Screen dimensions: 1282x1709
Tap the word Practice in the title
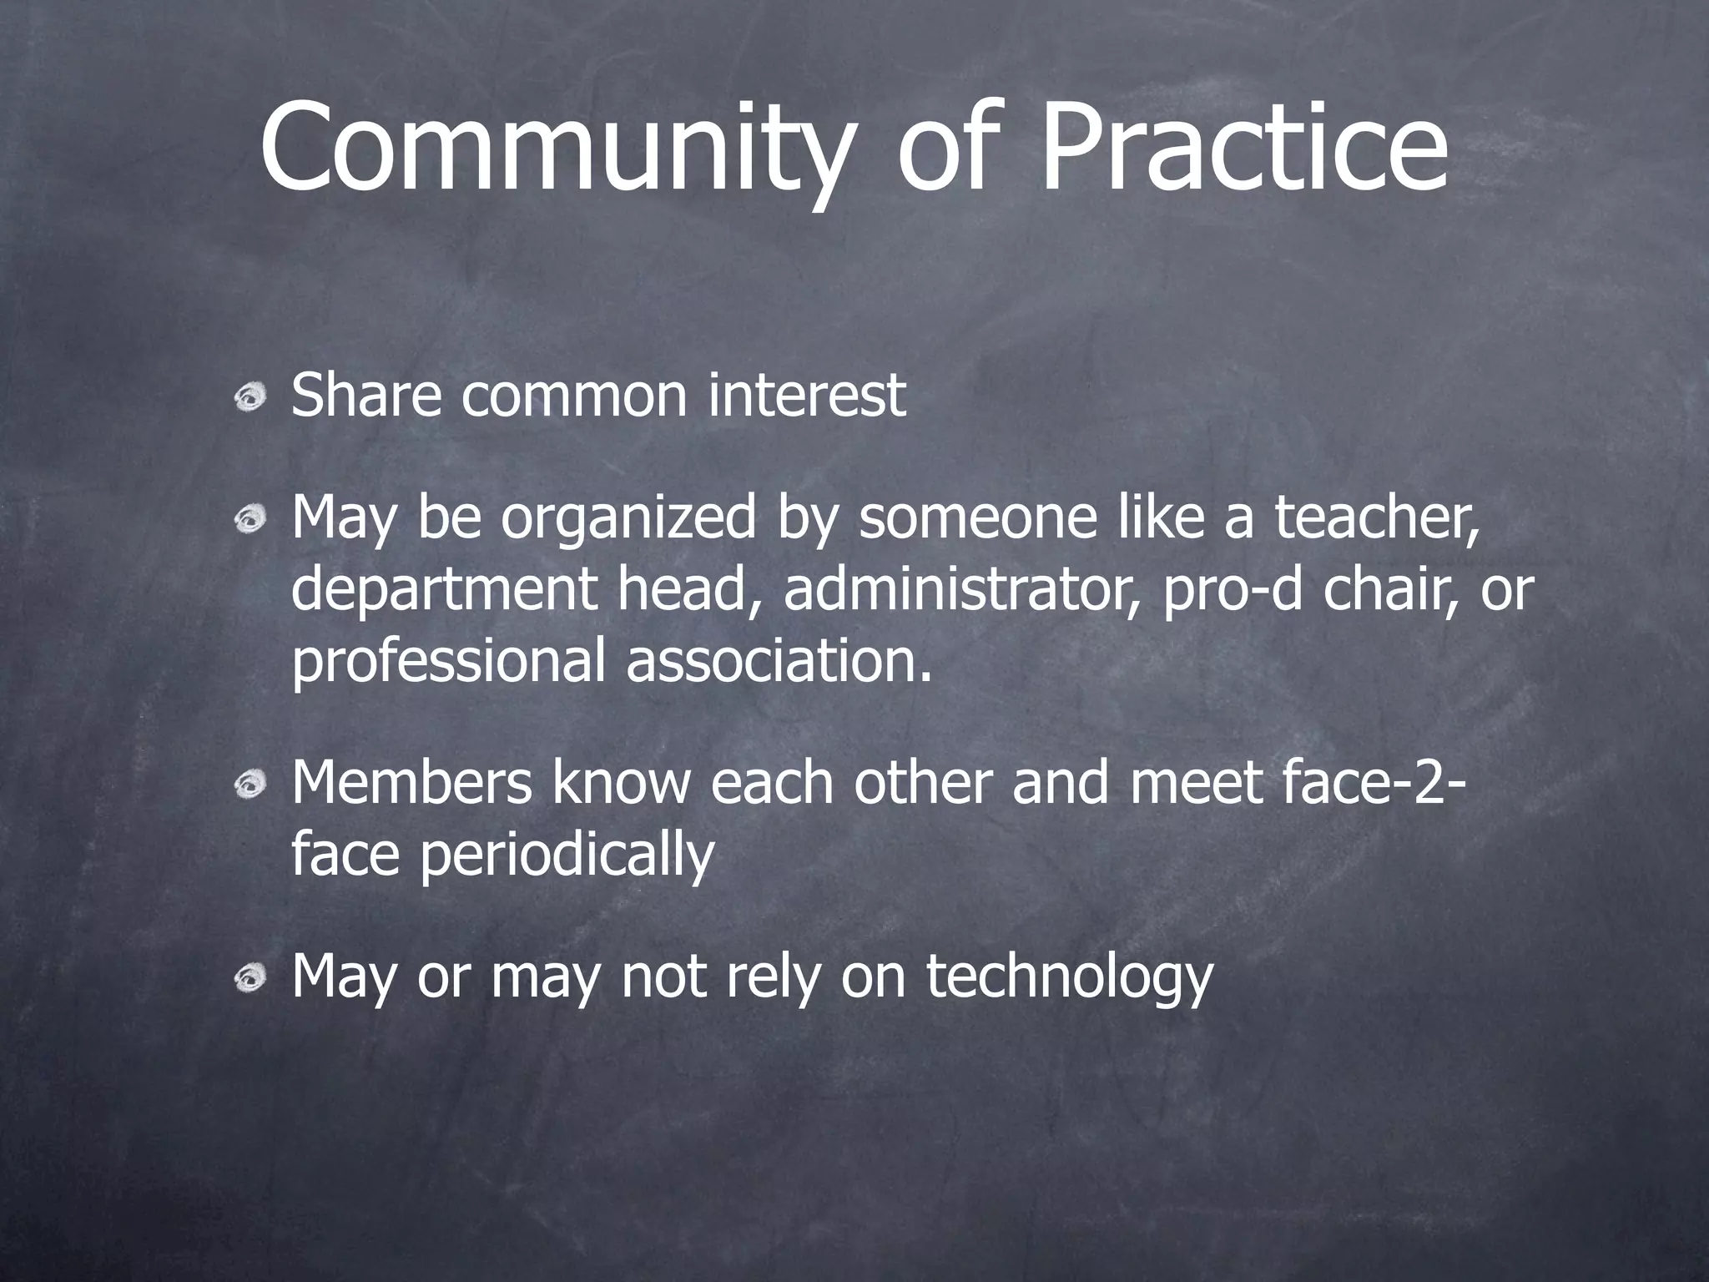pyautogui.click(x=1243, y=146)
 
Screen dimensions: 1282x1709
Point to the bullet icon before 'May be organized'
pyautogui.click(x=250, y=522)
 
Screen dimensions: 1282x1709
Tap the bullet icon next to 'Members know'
pyautogui.click(x=250, y=785)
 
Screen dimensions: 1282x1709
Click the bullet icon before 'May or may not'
pyautogui.click(x=250, y=977)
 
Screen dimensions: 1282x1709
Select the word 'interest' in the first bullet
pyautogui.click(x=806, y=396)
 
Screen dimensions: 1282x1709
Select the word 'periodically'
pyautogui.click(x=567, y=856)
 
